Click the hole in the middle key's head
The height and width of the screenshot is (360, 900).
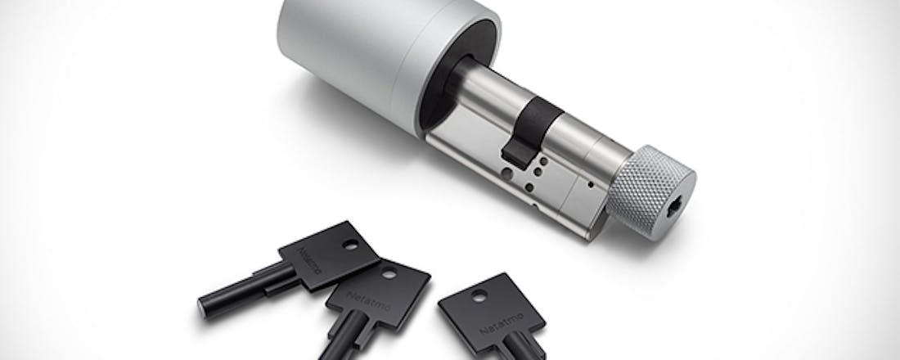pos(389,273)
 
